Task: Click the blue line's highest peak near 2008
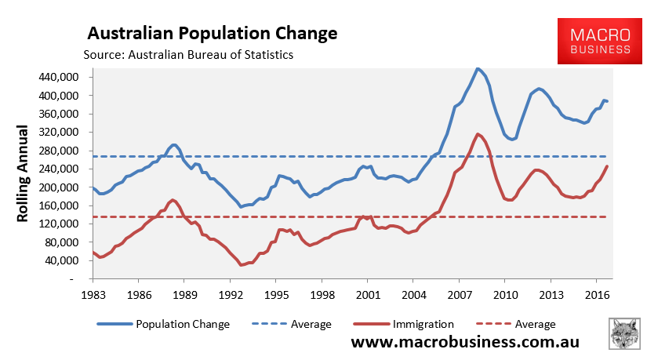tap(478, 68)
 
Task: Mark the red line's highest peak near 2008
tap(478, 134)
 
